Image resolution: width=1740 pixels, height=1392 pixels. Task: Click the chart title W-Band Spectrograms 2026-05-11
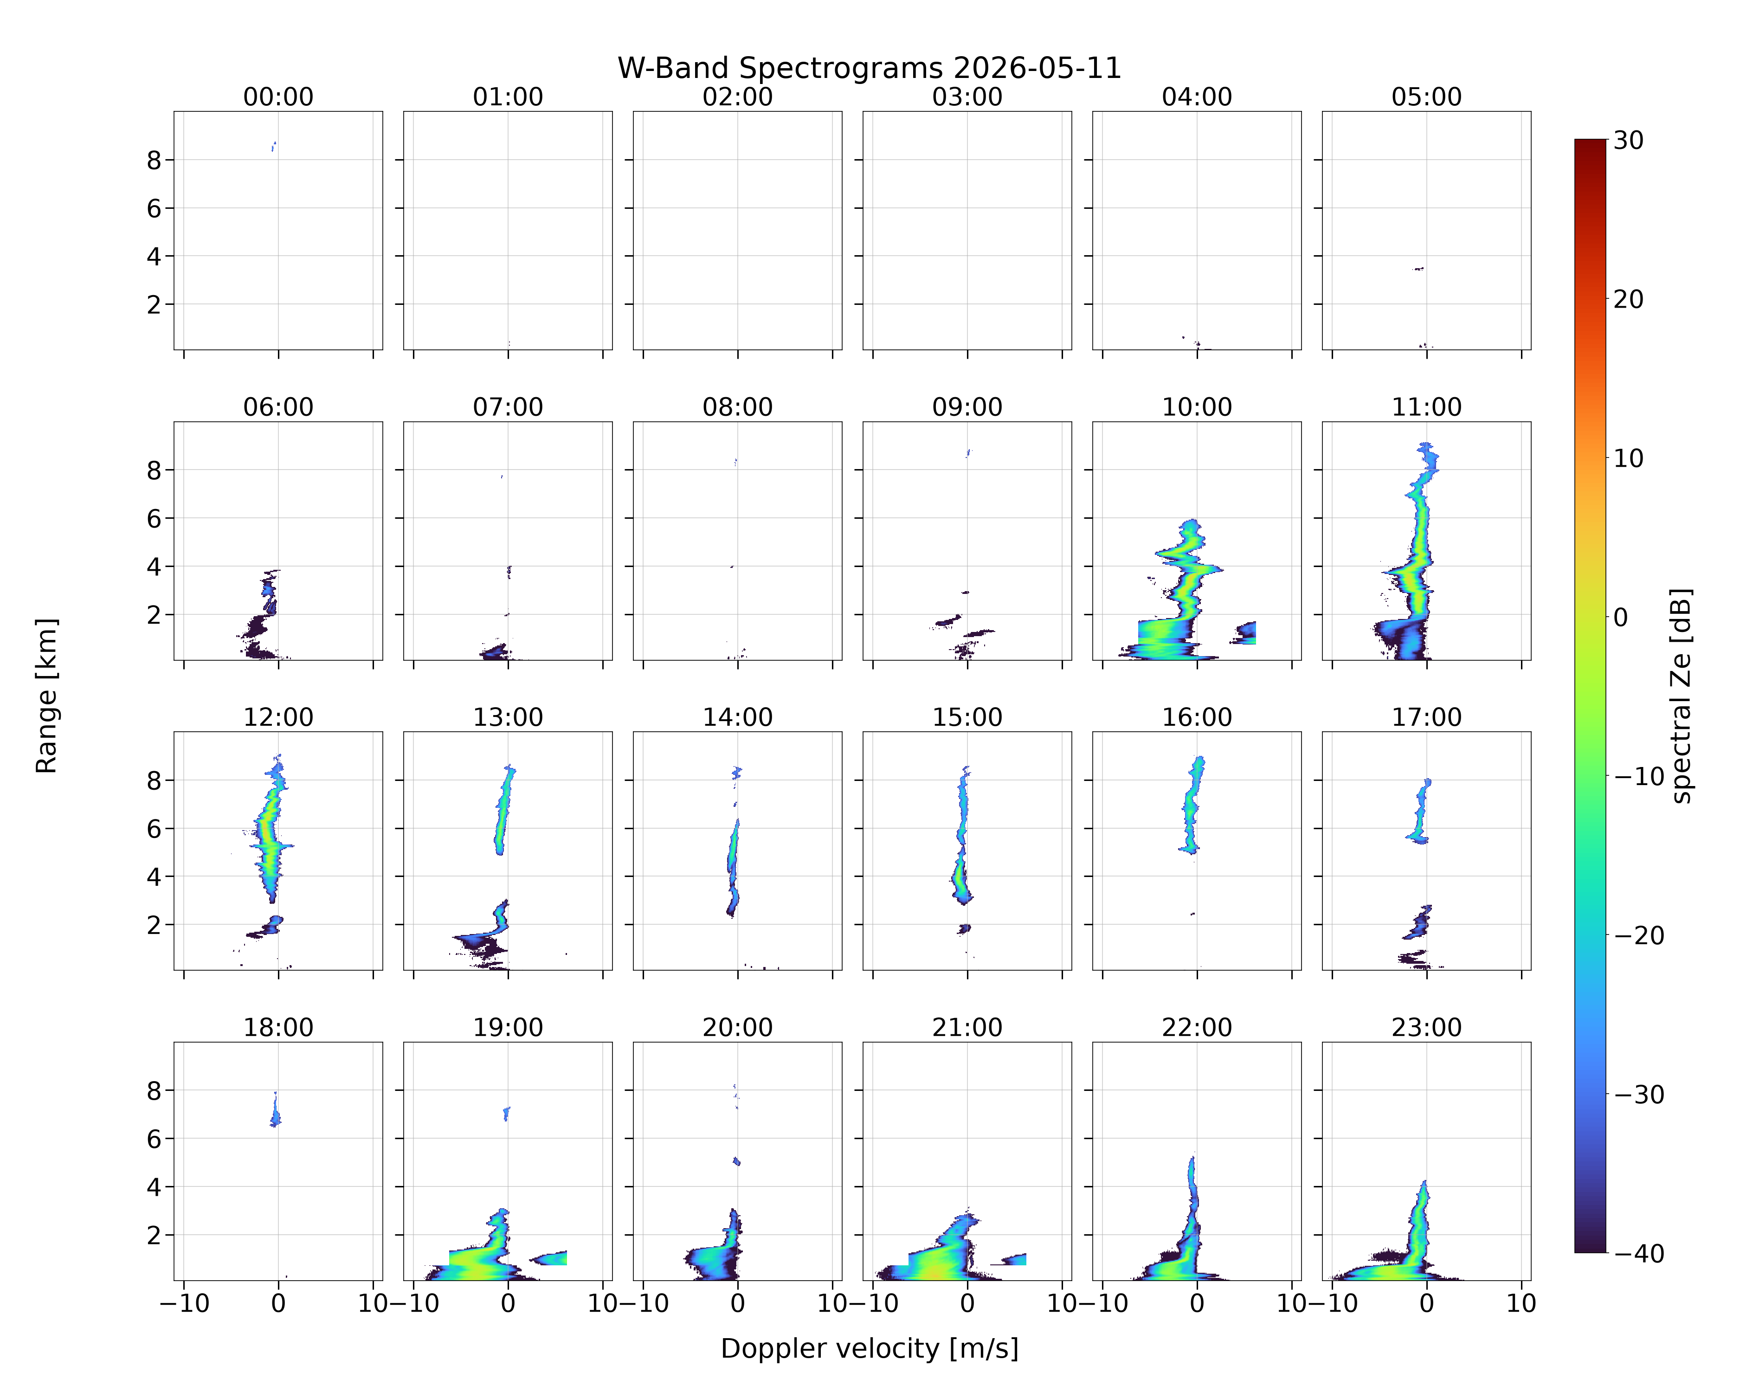(x=869, y=69)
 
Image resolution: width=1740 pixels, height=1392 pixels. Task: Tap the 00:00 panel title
(x=278, y=97)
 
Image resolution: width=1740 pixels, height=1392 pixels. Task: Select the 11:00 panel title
(x=1426, y=407)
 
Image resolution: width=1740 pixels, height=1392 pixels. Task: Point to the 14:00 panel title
(x=738, y=716)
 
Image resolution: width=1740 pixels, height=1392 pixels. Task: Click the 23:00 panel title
(x=1426, y=1027)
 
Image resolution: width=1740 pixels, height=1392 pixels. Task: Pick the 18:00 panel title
(x=278, y=1027)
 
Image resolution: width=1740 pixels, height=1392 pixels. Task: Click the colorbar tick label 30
(x=1629, y=141)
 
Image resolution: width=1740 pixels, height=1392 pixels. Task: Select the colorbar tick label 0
(x=1621, y=617)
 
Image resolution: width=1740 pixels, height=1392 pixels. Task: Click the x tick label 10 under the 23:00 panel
(x=1521, y=1303)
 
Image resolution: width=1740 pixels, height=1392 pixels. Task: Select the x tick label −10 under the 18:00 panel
(x=184, y=1303)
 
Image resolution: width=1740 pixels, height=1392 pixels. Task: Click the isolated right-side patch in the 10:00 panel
(x=1244, y=632)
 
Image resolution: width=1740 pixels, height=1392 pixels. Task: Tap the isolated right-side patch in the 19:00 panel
(x=549, y=1258)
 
